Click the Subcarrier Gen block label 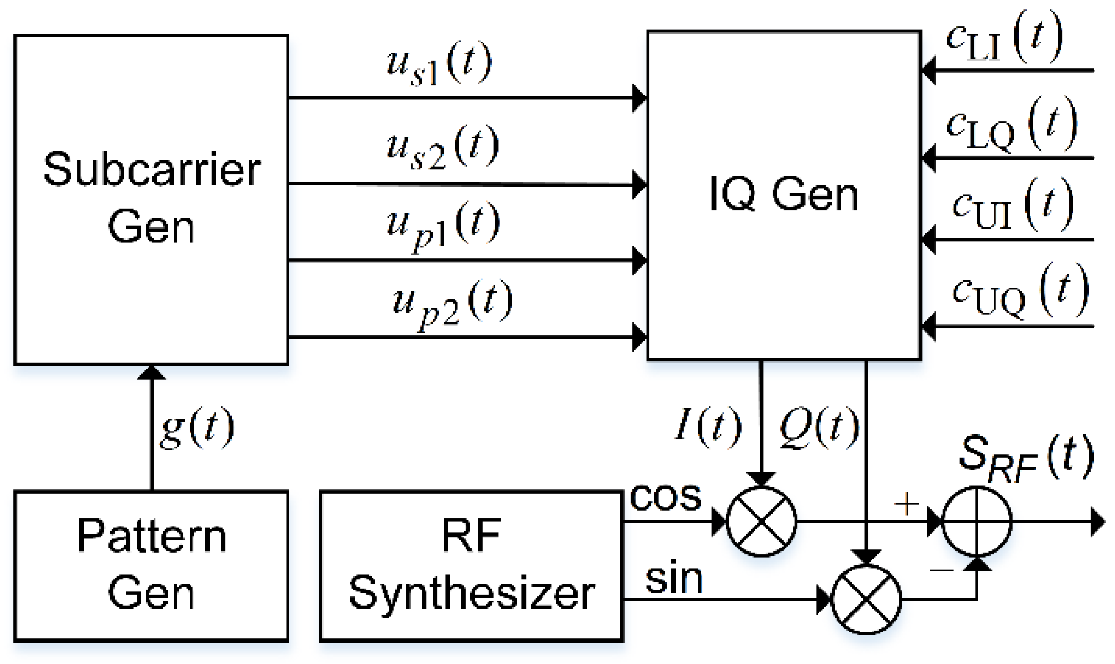tap(152, 198)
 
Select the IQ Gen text tap(784, 194)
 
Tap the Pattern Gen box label tap(152, 564)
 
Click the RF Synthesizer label tap(472, 564)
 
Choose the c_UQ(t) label tap(1020, 291)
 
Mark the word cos tap(666, 496)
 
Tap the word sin tap(674, 579)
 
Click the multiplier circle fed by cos tap(761, 521)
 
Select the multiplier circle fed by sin tap(866, 599)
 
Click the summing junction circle tap(977, 521)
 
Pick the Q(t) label tap(818, 427)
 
